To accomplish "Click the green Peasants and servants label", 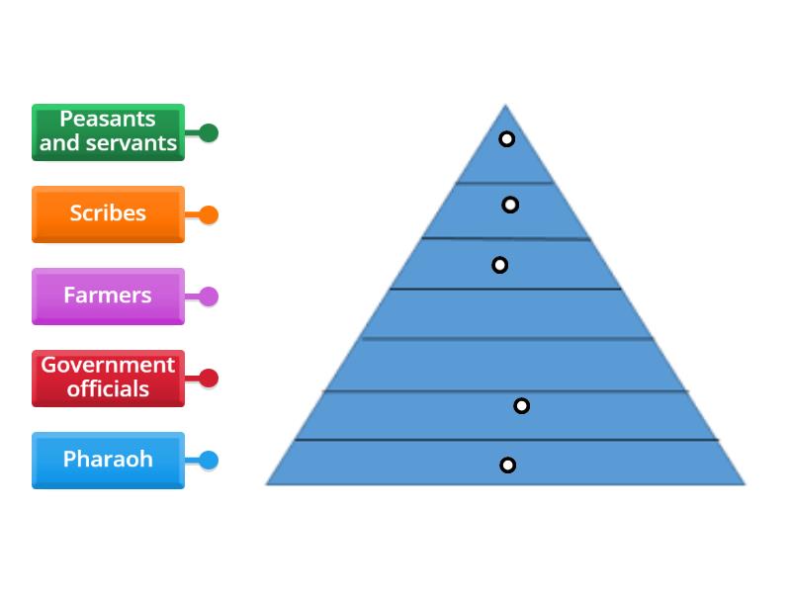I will [108, 131].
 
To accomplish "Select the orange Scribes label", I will [108, 213].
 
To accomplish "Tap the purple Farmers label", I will [108, 296].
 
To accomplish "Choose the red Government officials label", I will [108, 378].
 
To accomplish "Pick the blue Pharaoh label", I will [108, 460].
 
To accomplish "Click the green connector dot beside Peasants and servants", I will [208, 132].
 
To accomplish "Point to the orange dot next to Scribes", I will [208, 214].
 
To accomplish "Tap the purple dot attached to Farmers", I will [208, 296].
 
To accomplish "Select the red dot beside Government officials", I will [208, 378].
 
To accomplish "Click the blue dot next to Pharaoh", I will [208, 460].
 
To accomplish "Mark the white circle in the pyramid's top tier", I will [506, 139].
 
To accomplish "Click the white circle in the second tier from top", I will [510, 205].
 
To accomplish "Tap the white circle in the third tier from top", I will [500, 265].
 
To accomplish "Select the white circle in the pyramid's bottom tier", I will [507, 465].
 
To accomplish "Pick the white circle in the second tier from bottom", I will [521, 405].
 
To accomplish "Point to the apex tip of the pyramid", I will [505, 106].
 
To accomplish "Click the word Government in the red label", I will [108, 366].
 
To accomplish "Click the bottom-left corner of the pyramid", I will [267, 483].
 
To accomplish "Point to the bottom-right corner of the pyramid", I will [744, 483].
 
